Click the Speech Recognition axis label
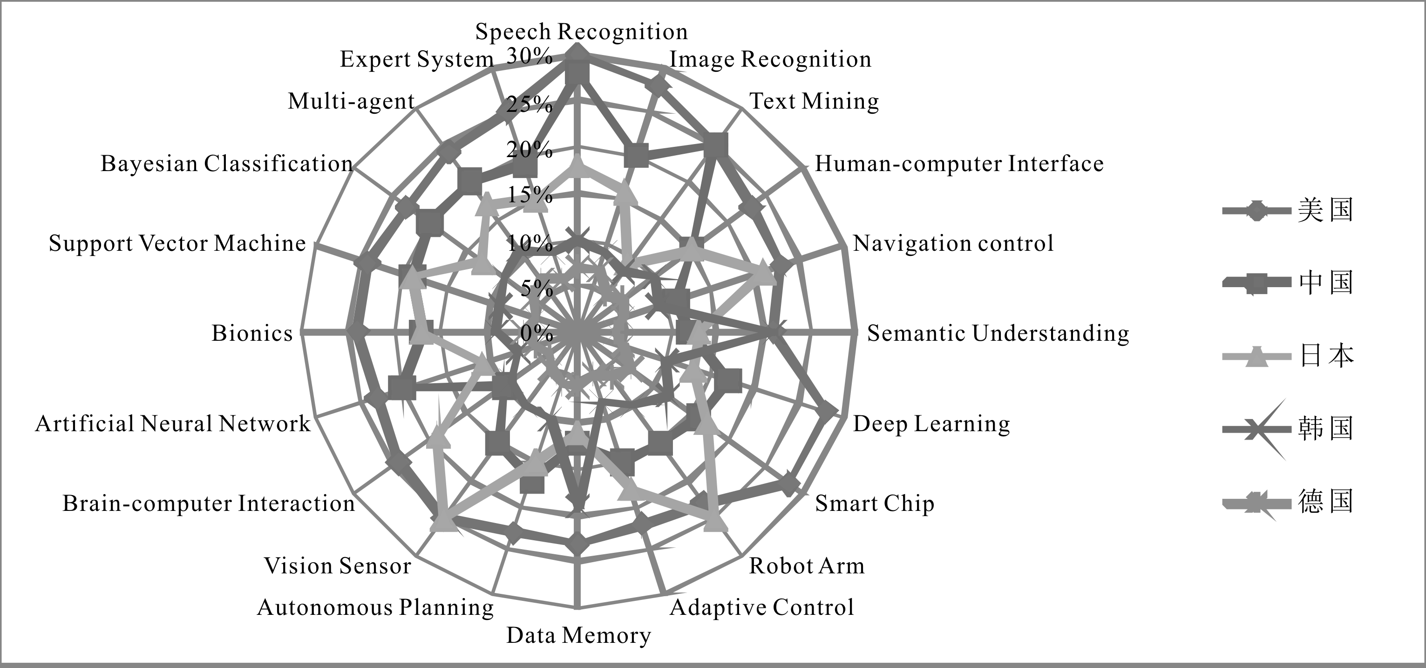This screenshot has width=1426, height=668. tap(581, 32)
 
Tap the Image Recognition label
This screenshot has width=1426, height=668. tap(770, 60)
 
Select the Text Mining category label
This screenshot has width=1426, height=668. tap(813, 101)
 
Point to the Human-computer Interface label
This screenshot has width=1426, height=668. tap(959, 164)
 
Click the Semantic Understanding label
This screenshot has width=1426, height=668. tap(998, 333)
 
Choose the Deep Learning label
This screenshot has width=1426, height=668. tap(931, 424)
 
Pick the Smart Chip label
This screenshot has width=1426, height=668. tap(874, 503)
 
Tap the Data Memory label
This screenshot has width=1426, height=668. tap(578, 635)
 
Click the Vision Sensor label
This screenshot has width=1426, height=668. tap(337, 566)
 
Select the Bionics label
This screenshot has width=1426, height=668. tap(252, 333)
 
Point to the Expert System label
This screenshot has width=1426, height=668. tap(416, 59)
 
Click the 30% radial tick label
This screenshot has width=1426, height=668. tap(529, 56)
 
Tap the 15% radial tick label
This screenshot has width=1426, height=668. tap(529, 195)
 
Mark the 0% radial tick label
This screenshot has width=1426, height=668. tap(536, 333)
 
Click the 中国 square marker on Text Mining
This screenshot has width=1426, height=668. tap(716, 145)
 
